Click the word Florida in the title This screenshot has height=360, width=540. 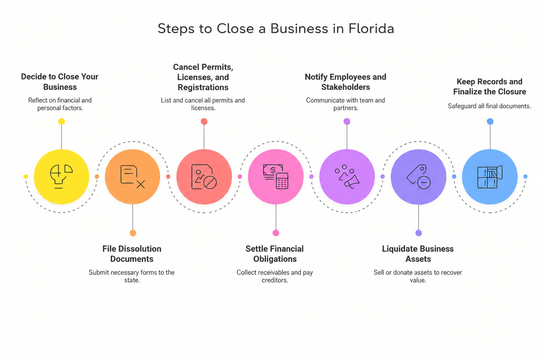(x=371, y=28)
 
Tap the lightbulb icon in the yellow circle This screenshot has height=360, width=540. (x=61, y=176)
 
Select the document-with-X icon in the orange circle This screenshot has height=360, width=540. (x=133, y=177)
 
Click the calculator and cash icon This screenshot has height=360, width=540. (x=276, y=176)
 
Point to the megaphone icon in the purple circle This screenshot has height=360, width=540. (x=347, y=177)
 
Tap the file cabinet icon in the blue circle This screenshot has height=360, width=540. (x=490, y=177)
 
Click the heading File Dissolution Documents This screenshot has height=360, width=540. (x=132, y=254)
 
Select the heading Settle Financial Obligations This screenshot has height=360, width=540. (x=275, y=254)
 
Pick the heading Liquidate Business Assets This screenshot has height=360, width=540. (x=418, y=254)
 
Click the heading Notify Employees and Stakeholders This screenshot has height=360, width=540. (x=346, y=82)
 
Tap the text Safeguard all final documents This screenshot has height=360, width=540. (x=489, y=106)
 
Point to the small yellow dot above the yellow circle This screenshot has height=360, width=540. (x=62, y=121)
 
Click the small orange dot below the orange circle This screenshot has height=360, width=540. (x=133, y=233)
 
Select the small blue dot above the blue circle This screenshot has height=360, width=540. (x=490, y=121)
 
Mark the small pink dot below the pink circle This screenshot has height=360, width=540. (x=276, y=233)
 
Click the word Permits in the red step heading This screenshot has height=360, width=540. (x=217, y=67)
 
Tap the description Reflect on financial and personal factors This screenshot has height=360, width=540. (x=60, y=104)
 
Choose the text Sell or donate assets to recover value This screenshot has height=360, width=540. (x=418, y=276)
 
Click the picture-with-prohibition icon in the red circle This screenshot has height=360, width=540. (x=204, y=177)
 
